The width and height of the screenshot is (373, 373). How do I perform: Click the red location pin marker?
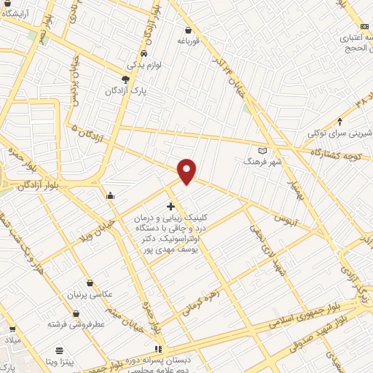[188, 170]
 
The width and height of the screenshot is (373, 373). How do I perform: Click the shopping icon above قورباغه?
[189, 31]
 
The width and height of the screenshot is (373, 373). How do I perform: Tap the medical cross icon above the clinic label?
[170, 206]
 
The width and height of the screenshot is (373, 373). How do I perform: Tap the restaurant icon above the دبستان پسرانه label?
[159, 349]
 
